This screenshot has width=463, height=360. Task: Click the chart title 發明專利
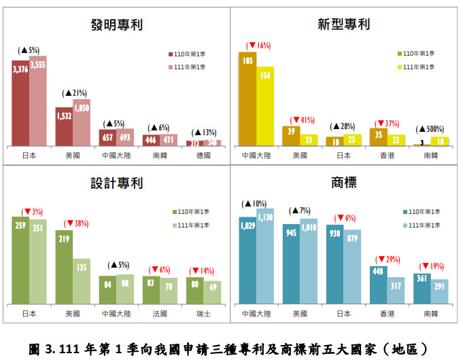click(116, 25)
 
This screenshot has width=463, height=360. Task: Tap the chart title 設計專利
click(116, 183)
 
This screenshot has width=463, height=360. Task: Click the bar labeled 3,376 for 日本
click(20, 102)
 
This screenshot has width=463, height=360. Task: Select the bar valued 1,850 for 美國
click(82, 122)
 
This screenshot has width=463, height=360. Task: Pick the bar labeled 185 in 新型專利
click(247, 98)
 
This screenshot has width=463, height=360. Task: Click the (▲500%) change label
click(431, 128)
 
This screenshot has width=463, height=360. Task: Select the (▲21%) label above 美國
click(74, 92)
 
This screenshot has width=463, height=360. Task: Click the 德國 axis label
click(203, 156)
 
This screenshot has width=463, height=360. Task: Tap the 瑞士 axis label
click(203, 314)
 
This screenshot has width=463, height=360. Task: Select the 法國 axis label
click(160, 314)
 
